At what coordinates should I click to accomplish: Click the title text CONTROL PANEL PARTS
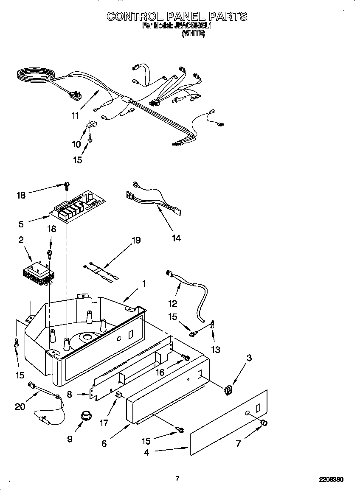point(177,17)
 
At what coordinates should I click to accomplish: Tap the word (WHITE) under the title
point(193,34)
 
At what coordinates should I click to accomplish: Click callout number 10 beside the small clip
point(76,144)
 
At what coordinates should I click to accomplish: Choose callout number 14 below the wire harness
point(176,238)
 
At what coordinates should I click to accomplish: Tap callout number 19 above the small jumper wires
point(135,241)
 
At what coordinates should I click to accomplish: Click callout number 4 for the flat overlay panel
point(146,452)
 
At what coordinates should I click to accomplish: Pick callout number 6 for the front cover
point(104,443)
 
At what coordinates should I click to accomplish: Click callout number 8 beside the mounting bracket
point(69,394)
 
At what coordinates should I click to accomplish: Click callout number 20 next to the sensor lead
point(20,406)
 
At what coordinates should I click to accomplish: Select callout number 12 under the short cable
point(172,303)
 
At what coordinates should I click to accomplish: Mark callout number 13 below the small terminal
point(217,350)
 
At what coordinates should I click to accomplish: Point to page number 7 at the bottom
point(177,479)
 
